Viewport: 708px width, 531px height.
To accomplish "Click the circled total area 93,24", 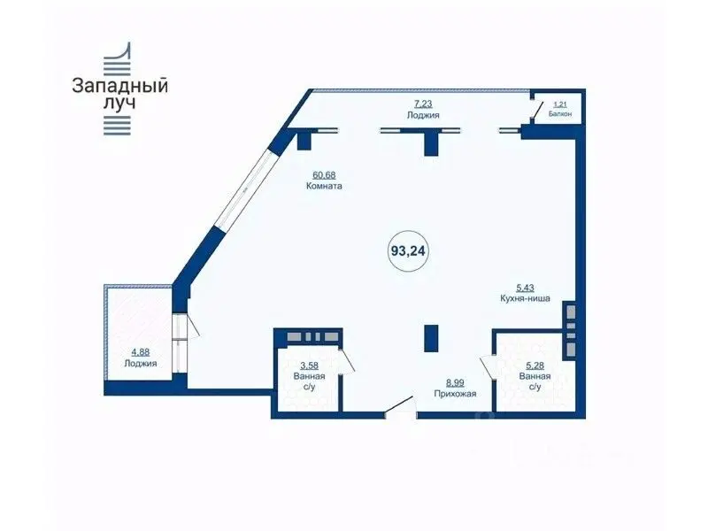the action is click(408, 250).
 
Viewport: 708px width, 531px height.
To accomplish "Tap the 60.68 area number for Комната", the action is click(324, 174).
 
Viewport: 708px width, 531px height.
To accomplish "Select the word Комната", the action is click(324, 186).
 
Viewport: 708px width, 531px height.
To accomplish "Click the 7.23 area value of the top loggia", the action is click(423, 104).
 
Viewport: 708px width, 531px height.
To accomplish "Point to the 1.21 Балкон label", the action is click(560, 109).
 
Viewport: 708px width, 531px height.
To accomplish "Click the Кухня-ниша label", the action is click(525, 298).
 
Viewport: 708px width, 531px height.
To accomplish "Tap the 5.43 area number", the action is click(525, 288).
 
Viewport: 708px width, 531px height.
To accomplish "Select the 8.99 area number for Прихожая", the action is click(455, 383).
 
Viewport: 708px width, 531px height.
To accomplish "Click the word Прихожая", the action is click(455, 394).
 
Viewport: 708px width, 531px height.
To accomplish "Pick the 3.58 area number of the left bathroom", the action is click(309, 366).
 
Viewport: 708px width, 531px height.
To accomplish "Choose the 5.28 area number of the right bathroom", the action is click(535, 366).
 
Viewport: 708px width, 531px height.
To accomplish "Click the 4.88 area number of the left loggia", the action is click(140, 352).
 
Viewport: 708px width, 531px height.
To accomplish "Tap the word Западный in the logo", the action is click(120, 86).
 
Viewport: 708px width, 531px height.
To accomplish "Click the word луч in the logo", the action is click(119, 104).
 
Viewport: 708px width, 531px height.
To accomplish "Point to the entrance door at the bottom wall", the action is click(400, 406).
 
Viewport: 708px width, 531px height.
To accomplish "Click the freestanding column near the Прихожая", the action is click(431, 338).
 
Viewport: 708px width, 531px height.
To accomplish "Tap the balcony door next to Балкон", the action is click(537, 112).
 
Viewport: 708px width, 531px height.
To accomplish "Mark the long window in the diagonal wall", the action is click(244, 189).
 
